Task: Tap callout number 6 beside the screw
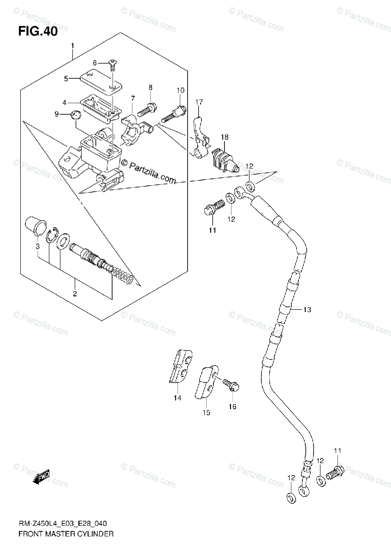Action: [x=95, y=63]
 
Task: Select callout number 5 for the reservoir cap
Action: [x=66, y=79]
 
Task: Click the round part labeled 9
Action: [x=74, y=116]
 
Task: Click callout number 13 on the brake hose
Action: [x=307, y=310]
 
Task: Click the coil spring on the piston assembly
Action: [x=124, y=275]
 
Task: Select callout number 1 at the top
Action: [x=72, y=46]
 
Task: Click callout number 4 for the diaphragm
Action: [x=65, y=102]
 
